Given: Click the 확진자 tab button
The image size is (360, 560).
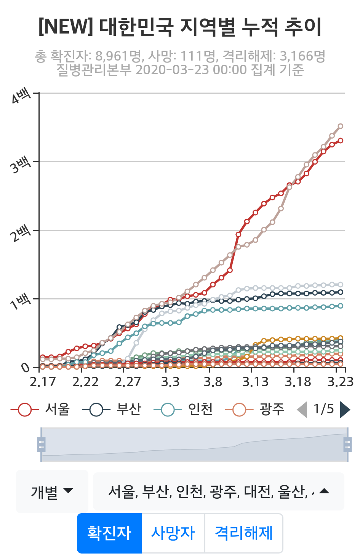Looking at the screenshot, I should tap(109, 533).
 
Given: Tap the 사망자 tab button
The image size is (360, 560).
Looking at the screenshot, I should tap(173, 533).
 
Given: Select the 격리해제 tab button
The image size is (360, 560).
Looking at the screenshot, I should tap(244, 533).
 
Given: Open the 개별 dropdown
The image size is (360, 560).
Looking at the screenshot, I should tap(52, 491).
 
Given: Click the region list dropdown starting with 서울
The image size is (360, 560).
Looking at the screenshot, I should tap(218, 491).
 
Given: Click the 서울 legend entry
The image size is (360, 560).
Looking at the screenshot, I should tap(40, 410).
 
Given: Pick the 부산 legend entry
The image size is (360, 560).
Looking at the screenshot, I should tap(112, 410).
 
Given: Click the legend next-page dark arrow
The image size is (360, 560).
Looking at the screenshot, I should tap(345, 410).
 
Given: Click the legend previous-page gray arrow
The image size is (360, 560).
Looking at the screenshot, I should tap(302, 410).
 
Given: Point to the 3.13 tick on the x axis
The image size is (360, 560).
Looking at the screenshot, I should tap(255, 381).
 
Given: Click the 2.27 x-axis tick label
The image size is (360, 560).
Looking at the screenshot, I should tap(128, 381).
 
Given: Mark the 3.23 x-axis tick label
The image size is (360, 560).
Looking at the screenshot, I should tap(340, 381).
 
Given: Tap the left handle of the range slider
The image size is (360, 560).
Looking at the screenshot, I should tap(41, 445).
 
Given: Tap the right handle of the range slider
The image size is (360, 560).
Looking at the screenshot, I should tap(347, 445).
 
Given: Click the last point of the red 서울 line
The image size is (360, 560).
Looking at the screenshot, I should tap(340, 141).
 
